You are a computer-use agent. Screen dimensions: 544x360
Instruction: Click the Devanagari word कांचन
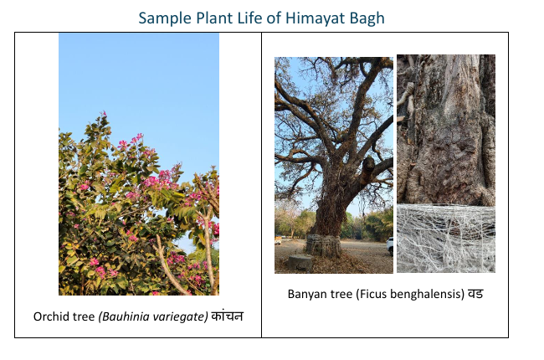228,316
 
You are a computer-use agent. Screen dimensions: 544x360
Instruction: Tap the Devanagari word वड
475,294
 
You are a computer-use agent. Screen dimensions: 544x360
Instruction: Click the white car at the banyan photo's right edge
390,245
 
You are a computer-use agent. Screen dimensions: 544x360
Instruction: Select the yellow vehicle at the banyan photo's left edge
278,240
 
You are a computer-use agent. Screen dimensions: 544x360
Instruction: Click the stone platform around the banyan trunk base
323,245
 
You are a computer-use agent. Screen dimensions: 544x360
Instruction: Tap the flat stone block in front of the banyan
300,262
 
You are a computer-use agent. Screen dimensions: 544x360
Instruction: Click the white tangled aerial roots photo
446,239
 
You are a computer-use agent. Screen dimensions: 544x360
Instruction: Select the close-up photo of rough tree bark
446,130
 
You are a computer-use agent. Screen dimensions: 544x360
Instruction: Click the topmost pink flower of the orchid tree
104,114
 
